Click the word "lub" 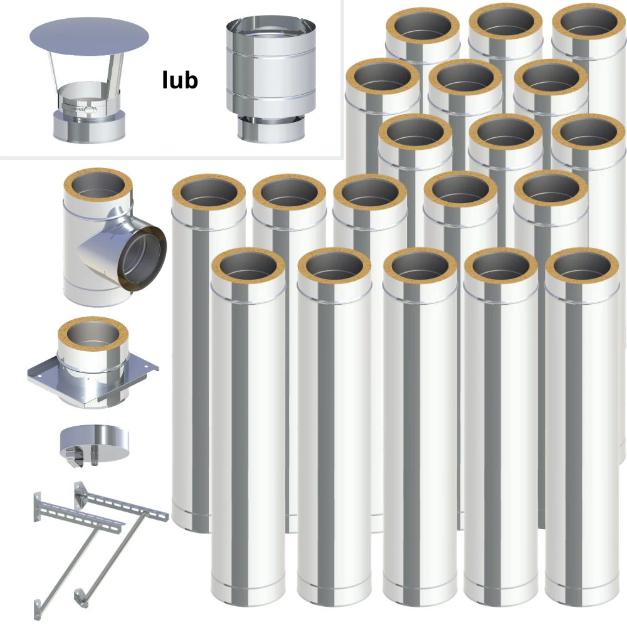pos(180,80)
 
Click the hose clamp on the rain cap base pos(79,108)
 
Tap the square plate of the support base pos(93,378)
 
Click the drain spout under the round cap pos(95,457)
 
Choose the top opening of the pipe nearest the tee pos(209,192)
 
